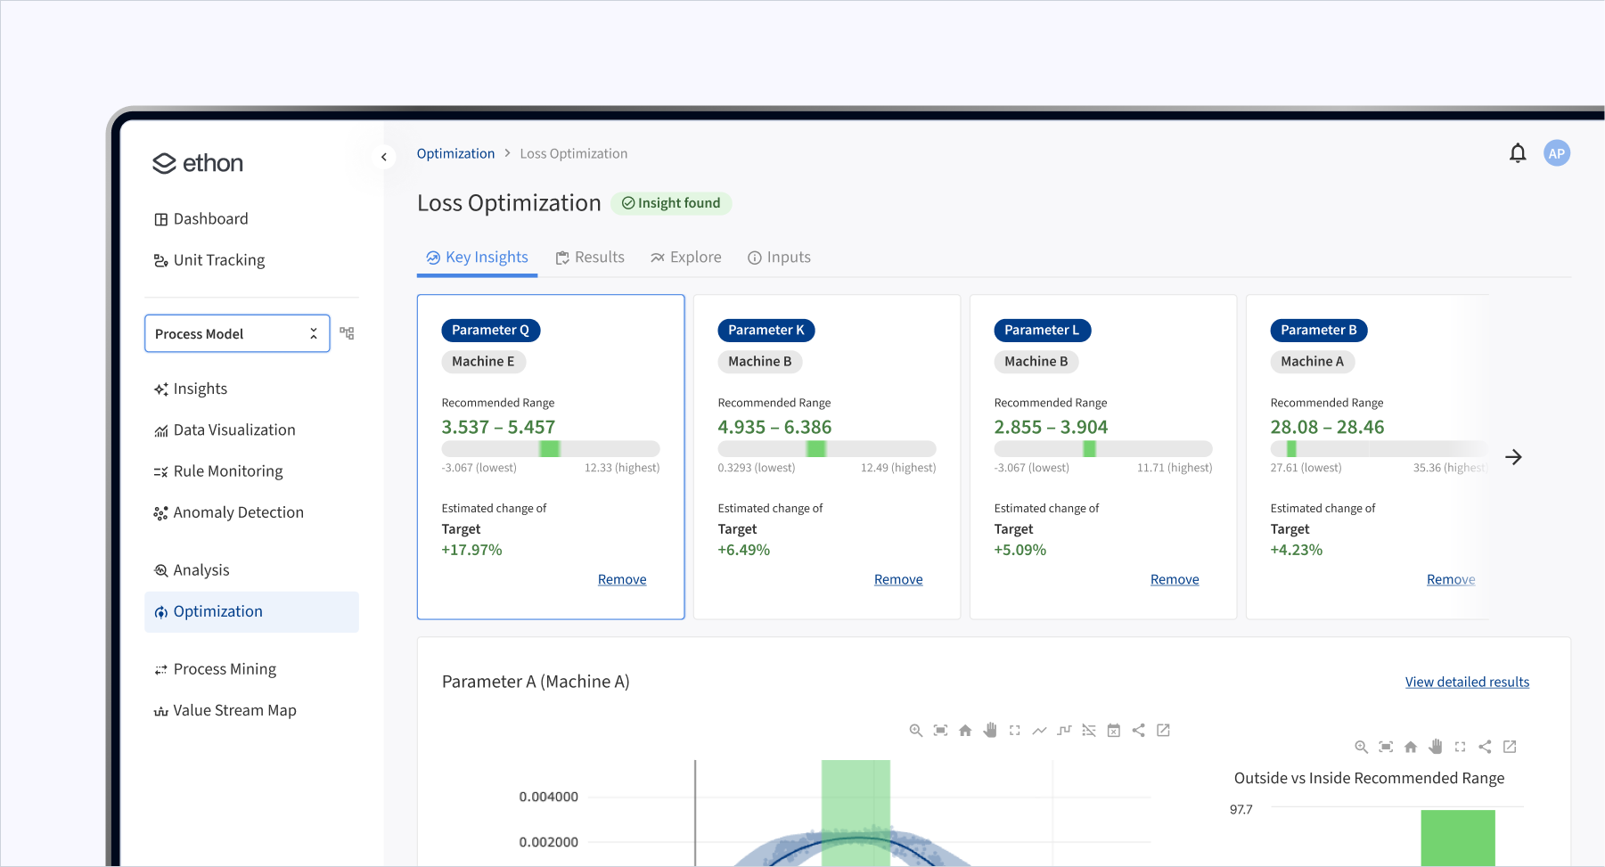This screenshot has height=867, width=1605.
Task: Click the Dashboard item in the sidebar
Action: tap(210, 219)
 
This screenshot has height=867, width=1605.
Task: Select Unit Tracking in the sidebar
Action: tap(218, 260)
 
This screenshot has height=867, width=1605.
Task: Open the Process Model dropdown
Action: tap(237, 333)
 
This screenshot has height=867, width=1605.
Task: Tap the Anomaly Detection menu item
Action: tap(238, 512)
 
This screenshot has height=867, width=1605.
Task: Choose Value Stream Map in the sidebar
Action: tap(234, 710)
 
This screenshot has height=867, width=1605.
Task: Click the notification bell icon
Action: tap(1518, 153)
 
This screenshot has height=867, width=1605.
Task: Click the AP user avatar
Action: tap(1557, 153)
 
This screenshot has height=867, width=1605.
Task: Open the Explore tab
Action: tap(686, 258)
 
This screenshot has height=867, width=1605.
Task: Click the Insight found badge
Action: tap(671, 203)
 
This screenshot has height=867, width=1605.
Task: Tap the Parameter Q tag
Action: tap(490, 330)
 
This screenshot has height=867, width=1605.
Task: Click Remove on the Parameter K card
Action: tap(898, 579)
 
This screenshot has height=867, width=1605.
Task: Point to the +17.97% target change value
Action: tap(472, 550)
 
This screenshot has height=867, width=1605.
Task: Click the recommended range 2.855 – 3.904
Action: tap(1051, 427)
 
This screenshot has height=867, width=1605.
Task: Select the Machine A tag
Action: tap(1312, 361)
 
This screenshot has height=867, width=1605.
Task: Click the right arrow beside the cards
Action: tap(1513, 457)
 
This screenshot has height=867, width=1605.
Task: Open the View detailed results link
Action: tap(1467, 682)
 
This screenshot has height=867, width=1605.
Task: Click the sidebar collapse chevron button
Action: tap(384, 157)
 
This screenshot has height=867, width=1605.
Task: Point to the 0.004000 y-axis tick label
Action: tap(549, 797)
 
